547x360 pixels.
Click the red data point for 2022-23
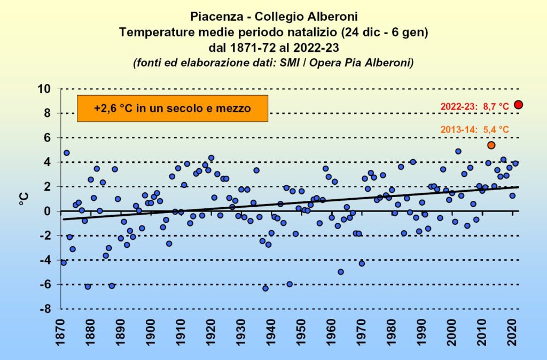click(x=518, y=105)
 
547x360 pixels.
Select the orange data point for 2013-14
click(x=491, y=145)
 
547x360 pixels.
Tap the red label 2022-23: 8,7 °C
click(x=473, y=107)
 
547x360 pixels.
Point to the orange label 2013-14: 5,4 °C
click(x=475, y=130)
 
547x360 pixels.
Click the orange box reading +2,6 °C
click(x=172, y=108)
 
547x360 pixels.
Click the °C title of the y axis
click(x=24, y=199)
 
